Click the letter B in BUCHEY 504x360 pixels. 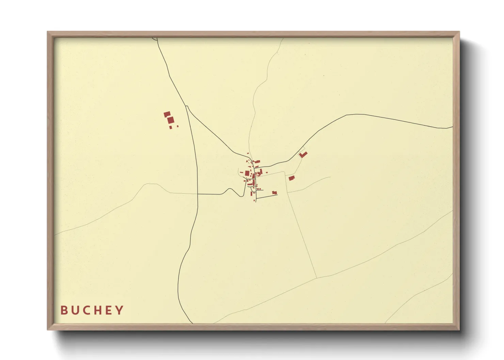point(64,310)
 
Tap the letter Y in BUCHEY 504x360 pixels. point(119,310)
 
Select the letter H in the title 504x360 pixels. point(97,310)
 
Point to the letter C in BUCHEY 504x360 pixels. point(86,310)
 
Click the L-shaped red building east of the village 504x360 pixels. point(303,154)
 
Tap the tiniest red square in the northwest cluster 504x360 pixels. point(177,126)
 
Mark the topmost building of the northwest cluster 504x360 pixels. point(167,114)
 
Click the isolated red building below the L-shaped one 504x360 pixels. point(292,178)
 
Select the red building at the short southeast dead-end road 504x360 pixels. point(274,193)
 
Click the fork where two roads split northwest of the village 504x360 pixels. point(186,106)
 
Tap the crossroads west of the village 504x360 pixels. point(198,194)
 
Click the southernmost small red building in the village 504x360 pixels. point(255,200)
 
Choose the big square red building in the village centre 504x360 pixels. point(247,173)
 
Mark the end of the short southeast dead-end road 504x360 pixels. point(278,195)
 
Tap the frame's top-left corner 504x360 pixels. point(48,32)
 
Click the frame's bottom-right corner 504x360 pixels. point(459,330)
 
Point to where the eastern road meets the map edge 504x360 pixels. point(452,127)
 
